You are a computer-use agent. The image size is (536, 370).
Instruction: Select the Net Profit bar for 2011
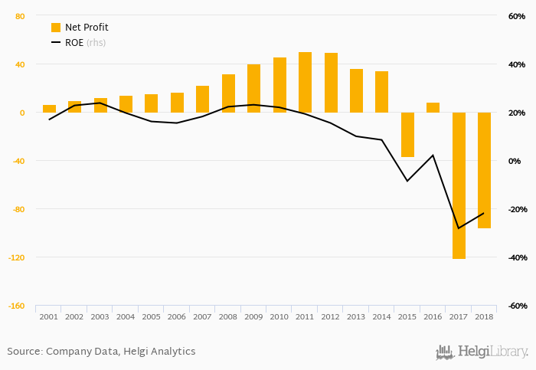[x=305, y=83]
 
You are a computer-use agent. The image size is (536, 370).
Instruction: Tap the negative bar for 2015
[x=407, y=135]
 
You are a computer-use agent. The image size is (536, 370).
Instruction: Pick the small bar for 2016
[x=433, y=108]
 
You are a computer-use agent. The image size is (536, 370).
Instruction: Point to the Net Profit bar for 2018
[x=484, y=170]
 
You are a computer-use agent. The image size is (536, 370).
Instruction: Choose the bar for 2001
[x=49, y=109]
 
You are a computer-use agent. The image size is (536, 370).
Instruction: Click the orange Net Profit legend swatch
[x=56, y=28]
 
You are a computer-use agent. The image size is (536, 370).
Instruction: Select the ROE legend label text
[x=74, y=43]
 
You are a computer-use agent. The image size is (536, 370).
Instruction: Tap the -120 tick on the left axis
[x=15, y=257]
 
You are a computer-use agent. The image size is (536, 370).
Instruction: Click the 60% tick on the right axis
[x=516, y=16]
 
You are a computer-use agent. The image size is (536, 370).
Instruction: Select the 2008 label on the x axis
[x=228, y=316]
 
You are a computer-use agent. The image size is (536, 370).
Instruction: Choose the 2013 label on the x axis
[x=356, y=316]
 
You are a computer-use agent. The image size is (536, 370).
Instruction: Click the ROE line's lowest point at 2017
[x=459, y=228]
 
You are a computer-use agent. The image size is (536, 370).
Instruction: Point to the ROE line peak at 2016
[x=433, y=156]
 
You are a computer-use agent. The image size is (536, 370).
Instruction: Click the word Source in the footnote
[x=24, y=352]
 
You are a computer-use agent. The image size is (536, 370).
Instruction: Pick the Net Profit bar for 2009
[x=253, y=89]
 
